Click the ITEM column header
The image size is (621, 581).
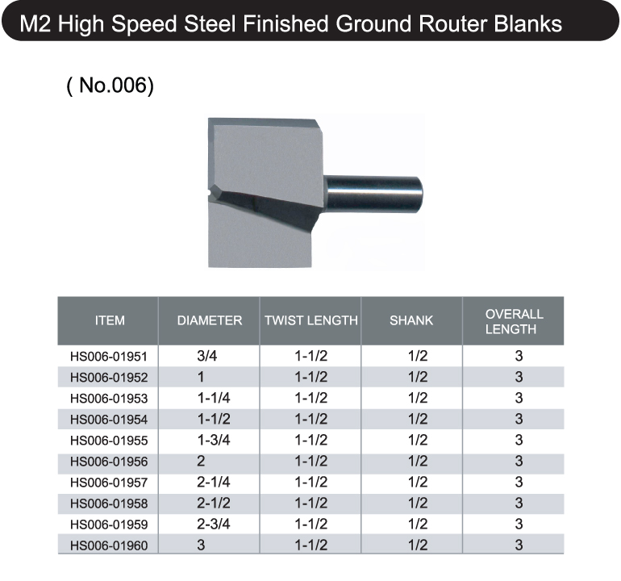pos(110,320)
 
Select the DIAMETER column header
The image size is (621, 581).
pos(210,320)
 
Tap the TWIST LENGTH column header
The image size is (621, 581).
pos(311,320)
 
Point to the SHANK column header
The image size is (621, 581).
pos(411,320)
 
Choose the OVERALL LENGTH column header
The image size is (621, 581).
pos(514,321)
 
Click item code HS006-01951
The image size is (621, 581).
pos(109,357)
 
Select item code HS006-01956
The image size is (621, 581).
pos(109,462)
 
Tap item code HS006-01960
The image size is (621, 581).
pos(109,545)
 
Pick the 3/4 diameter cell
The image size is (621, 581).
pos(207,356)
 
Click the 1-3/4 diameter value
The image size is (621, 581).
pos(214,440)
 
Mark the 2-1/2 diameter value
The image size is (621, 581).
pos(214,503)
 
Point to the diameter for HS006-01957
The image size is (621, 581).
pos(214,482)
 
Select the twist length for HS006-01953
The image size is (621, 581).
pos(311,398)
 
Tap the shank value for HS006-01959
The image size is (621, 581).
pos(418,524)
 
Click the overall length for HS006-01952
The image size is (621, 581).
pos(519,377)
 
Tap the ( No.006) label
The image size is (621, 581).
pos(110,86)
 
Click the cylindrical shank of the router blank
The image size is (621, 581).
pos(373,194)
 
